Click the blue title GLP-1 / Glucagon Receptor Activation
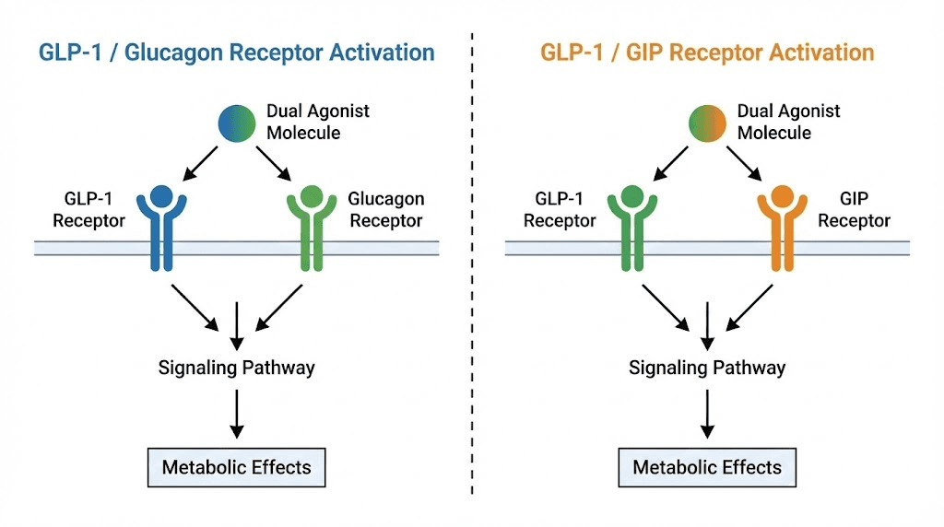point(236,51)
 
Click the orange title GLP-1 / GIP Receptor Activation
point(707,51)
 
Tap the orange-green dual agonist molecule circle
point(707,123)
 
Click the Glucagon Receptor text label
point(385,210)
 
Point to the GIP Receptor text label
point(854,210)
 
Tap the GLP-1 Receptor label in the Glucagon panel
point(88,210)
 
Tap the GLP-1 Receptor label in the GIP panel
point(560,210)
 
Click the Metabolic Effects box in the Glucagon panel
point(237,467)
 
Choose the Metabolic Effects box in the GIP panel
point(707,467)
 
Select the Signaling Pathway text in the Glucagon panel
point(237,368)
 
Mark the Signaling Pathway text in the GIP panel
point(707,368)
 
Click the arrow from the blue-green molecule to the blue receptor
point(203,164)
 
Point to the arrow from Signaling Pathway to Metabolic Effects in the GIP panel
point(707,413)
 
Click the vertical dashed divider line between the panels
point(472,276)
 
